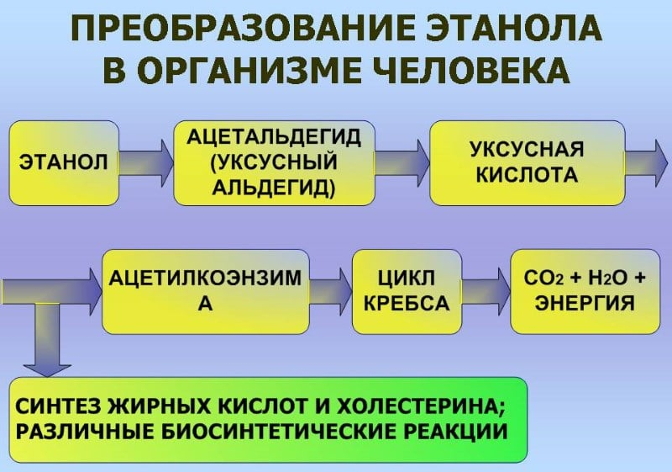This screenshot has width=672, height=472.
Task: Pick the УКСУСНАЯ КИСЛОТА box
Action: click(527, 163)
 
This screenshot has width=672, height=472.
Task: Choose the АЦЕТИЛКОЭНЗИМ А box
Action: click(205, 290)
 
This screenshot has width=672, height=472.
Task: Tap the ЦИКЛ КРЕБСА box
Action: click(407, 290)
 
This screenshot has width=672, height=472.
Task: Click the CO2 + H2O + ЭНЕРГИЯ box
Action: click(585, 290)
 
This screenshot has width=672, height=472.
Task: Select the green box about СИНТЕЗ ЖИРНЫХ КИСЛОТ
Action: click(268, 418)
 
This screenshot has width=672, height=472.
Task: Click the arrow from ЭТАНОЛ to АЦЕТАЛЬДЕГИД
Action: click(146, 162)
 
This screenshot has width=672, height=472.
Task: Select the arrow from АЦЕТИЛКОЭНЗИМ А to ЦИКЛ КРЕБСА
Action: click(331, 290)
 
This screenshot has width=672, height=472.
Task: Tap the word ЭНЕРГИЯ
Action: click(585, 303)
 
